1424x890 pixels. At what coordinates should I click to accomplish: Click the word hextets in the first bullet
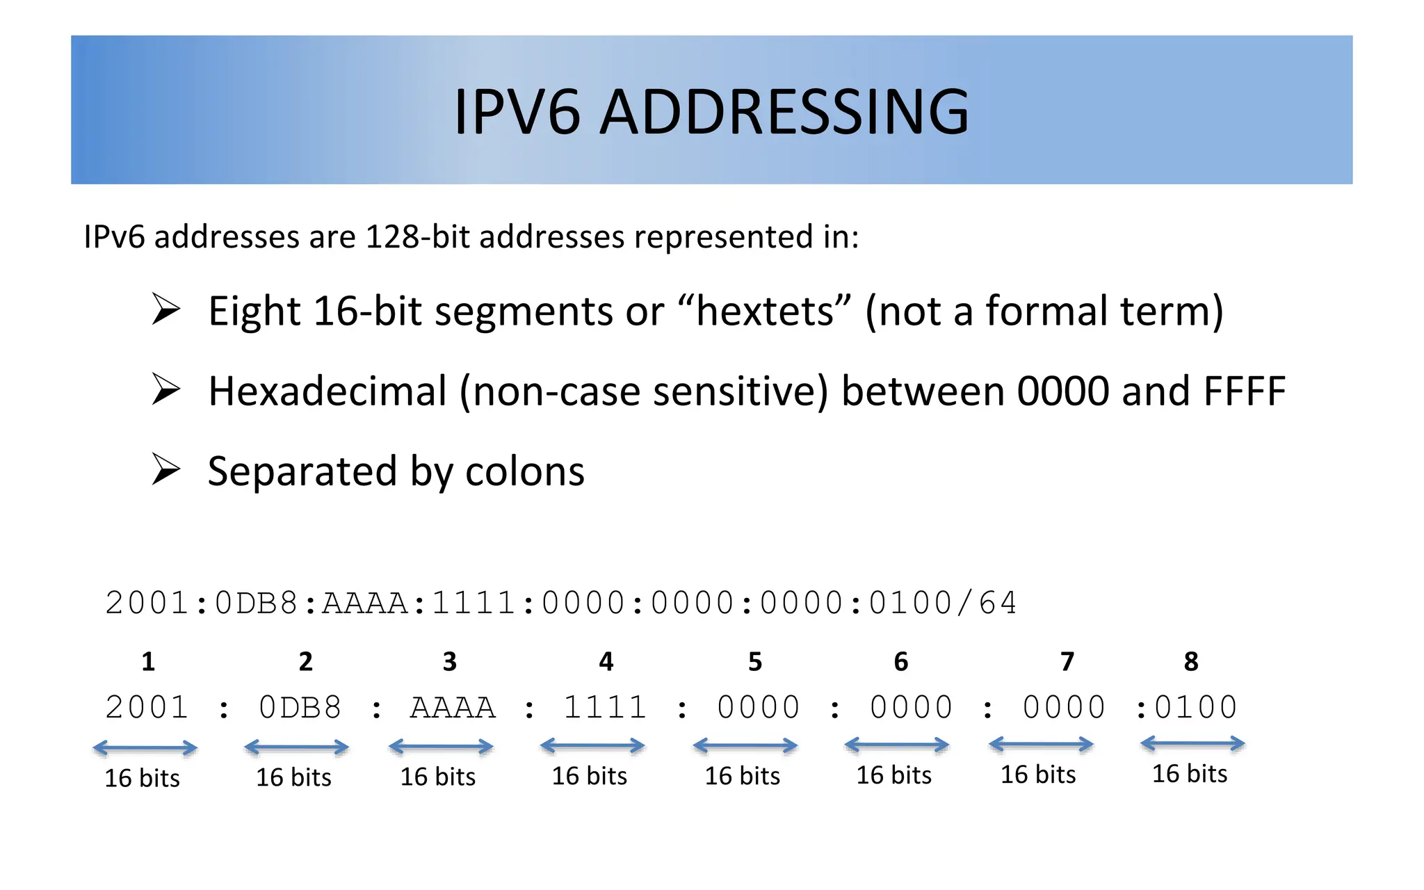pos(764,311)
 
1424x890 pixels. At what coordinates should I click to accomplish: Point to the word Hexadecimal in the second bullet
pos(327,391)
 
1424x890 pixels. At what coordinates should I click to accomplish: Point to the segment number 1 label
pos(148,662)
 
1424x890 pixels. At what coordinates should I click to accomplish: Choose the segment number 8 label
pos(1191,662)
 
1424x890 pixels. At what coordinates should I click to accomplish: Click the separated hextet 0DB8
pos(300,708)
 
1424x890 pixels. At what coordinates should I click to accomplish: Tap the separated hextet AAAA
pos(453,708)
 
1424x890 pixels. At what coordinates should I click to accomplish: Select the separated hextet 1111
pos(605,708)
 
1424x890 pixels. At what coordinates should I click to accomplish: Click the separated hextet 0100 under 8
pos(1196,708)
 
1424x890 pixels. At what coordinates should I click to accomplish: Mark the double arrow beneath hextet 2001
pos(145,748)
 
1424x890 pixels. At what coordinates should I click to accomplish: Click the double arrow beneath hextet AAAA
pos(441,747)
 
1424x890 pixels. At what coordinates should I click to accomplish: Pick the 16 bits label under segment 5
pos(743,776)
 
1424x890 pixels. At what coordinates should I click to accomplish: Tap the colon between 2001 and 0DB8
pos(224,710)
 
